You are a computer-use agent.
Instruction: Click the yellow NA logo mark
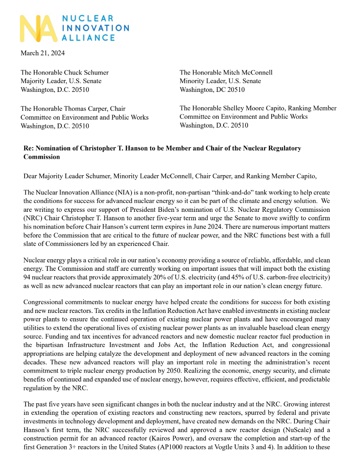tap(39, 28)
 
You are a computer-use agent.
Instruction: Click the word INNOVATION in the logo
tap(95, 28)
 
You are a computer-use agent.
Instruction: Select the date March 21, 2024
tap(43, 53)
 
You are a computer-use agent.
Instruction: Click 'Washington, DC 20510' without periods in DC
tap(212, 90)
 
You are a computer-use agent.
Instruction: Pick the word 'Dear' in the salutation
tap(31, 176)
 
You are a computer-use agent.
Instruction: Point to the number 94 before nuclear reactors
tap(27, 278)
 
